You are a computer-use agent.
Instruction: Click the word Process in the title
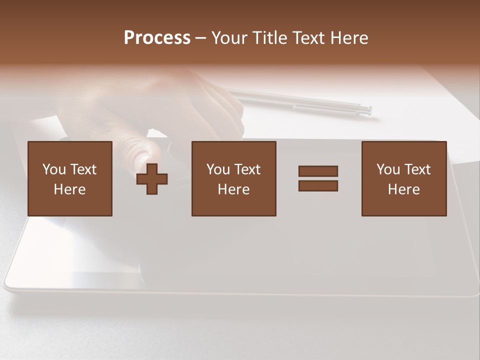point(157,38)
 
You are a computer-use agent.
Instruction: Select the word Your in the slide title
point(229,38)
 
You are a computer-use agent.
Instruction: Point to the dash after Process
point(201,38)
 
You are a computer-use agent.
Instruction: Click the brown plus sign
point(152,178)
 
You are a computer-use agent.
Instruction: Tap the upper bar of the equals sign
point(318,171)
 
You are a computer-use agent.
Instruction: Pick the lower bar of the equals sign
point(318,185)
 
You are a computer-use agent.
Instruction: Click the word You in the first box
point(54,169)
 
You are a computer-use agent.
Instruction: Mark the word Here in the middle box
point(234,189)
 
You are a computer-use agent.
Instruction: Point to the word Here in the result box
point(404,189)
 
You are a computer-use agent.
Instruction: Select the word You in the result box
point(388,169)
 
